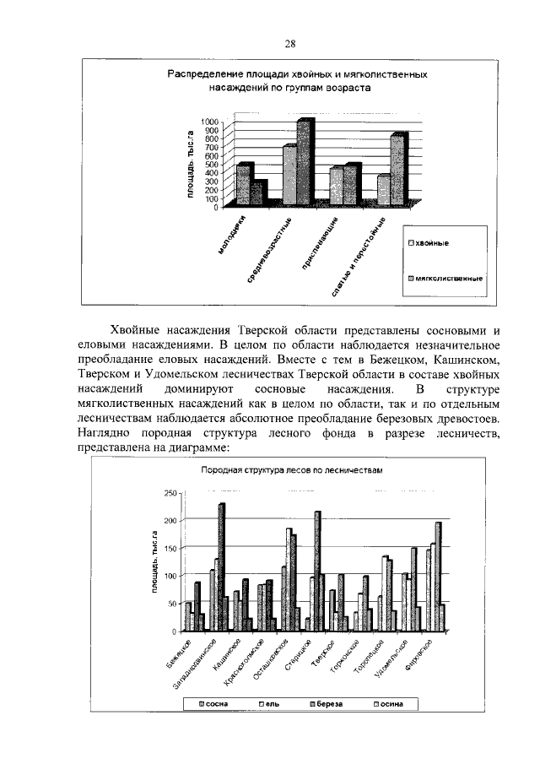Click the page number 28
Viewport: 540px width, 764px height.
(x=289, y=45)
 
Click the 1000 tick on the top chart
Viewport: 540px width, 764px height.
(x=208, y=122)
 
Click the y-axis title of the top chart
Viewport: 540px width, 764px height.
(x=192, y=164)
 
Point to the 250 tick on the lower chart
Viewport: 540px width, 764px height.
(x=170, y=493)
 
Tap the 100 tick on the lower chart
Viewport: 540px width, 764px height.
(x=170, y=576)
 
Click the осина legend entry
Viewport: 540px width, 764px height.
(x=388, y=703)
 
